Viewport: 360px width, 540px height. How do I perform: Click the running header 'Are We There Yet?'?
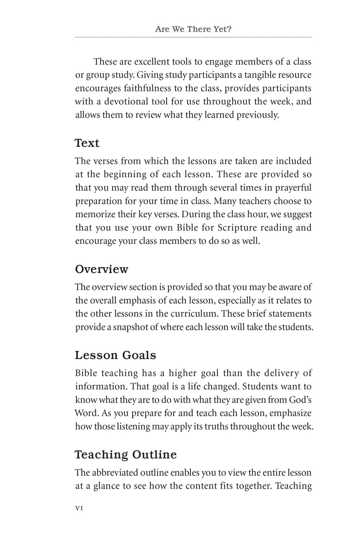[193, 29]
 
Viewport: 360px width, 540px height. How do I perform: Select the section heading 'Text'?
[87, 143]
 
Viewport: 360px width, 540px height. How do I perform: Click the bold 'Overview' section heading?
[101, 269]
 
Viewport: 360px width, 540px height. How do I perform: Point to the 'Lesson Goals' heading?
[115, 355]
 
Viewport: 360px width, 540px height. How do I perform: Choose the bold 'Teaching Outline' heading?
[126, 455]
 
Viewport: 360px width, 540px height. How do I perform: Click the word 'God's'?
[301, 400]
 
